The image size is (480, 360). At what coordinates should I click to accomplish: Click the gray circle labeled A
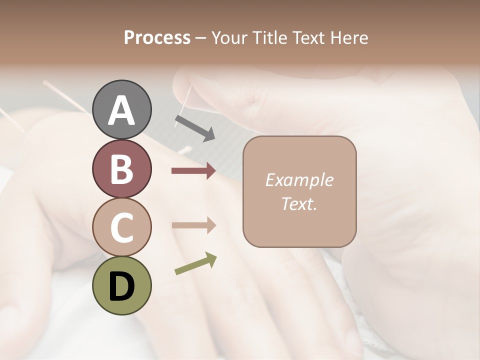pos(122,109)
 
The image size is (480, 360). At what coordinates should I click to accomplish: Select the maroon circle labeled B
pos(122,168)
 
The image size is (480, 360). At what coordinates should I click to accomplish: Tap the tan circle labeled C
pos(122,227)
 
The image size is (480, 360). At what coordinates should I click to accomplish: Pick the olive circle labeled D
pos(122,285)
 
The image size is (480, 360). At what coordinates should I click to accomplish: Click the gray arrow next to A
pos(195,127)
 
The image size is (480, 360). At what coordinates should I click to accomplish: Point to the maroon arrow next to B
pos(193,171)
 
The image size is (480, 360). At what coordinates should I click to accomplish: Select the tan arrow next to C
pos(193,225)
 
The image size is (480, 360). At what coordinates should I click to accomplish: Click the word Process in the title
pos(157,38)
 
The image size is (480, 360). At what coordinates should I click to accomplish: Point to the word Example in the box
pos(299,180)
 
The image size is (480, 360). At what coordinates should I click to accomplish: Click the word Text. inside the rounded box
pos(299,203)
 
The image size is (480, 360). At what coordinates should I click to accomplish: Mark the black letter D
pos(122,286)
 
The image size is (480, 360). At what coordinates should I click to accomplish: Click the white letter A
pos(122,110)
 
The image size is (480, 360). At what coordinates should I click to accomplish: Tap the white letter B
pos(122,169)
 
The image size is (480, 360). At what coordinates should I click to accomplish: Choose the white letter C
pos(122,227)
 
